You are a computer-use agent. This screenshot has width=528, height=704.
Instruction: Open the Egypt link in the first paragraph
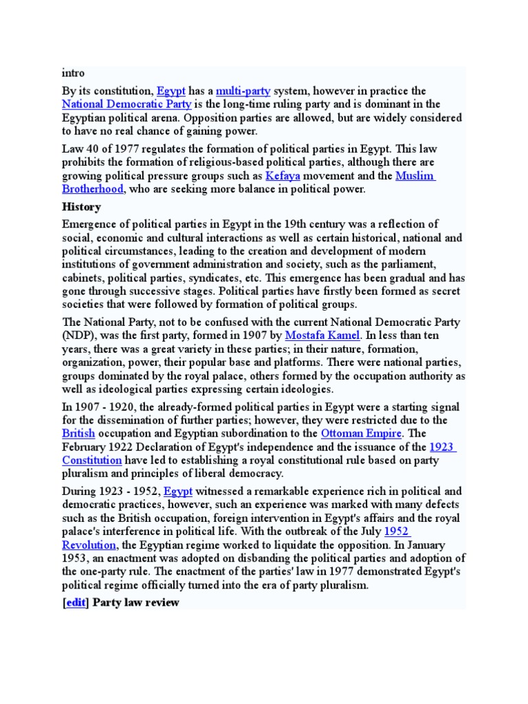[x=171, y=91]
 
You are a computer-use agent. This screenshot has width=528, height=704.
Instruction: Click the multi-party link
[x=243, y=91]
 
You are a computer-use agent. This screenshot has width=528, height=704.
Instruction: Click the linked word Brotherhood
[x=93, y=189]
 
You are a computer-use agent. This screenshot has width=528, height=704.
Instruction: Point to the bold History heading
[x=81, y=207]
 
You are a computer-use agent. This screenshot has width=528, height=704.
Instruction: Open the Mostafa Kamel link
[x=322, y=335]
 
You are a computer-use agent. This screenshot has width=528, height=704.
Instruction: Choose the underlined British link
[x=78, y=434]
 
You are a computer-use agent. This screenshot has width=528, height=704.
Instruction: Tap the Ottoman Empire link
[x=361, y=434]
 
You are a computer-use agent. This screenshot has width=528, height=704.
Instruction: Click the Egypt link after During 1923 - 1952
[x=177, y=492]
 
